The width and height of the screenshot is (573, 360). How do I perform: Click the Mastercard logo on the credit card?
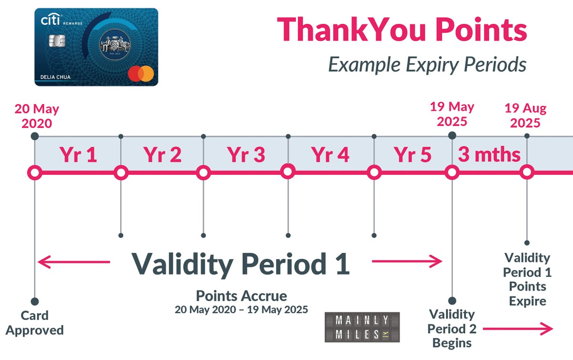click(141, 74)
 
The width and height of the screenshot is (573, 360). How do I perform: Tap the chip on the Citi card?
click(57, 42)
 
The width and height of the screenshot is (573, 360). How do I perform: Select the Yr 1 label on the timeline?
click(78, 155)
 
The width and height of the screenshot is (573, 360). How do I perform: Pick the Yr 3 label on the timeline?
click(245, 155)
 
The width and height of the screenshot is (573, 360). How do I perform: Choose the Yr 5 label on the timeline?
click(413, 155)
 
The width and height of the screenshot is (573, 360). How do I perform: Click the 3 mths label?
click(489, 155)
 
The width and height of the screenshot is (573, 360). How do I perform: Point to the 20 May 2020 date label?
click(37, 116)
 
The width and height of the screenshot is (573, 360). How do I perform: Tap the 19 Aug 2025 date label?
click(525, 116)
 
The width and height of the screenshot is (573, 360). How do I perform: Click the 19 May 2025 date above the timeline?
click(452, 114)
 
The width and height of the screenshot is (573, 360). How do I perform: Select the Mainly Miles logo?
click(362, 327)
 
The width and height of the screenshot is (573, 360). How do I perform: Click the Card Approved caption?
click(34, 323)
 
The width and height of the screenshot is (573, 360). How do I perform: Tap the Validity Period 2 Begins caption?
click(451, 328)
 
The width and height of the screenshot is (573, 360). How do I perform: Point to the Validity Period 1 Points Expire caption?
click(527, 279)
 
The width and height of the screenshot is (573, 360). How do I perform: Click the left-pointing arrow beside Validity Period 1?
click(74, 262)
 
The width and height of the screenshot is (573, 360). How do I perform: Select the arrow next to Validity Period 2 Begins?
click(519, 328)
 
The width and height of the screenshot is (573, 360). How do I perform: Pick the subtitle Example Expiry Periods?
click(427, 64)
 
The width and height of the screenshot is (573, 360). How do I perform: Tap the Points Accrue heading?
click(242, 295)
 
